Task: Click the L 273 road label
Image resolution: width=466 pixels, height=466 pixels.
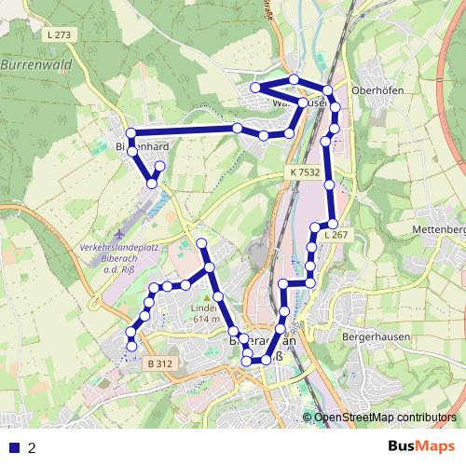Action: (56, 34)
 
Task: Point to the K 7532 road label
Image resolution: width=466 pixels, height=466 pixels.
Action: (304, 172)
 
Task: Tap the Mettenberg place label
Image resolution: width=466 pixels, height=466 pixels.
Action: (439, 229)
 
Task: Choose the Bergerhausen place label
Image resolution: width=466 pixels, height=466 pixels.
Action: (371, 334)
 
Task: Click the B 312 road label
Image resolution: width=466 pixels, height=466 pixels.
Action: (160, 363)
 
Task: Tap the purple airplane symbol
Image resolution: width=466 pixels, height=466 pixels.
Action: (118, 229)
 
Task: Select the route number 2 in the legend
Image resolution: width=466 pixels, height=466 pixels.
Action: (33, 447)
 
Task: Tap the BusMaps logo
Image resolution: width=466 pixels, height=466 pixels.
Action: (420, 446)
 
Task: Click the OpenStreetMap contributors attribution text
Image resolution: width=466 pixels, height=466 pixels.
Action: (385, 417)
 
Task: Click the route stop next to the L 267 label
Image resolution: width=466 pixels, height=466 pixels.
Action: (332, 224)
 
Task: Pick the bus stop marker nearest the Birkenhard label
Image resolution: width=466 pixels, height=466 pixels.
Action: (131, 133)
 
